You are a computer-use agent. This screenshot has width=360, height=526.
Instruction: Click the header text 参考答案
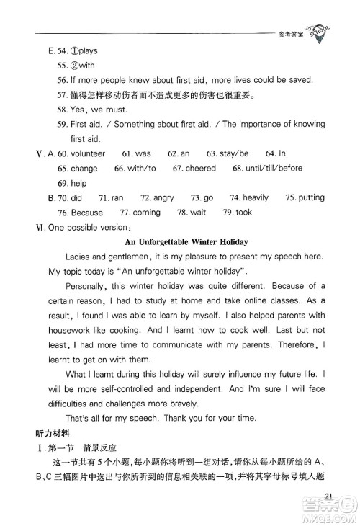pyautogui.click(x=289, y=34)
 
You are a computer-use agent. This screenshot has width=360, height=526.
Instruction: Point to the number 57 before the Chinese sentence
pyautogui.click(x=60, y=95)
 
